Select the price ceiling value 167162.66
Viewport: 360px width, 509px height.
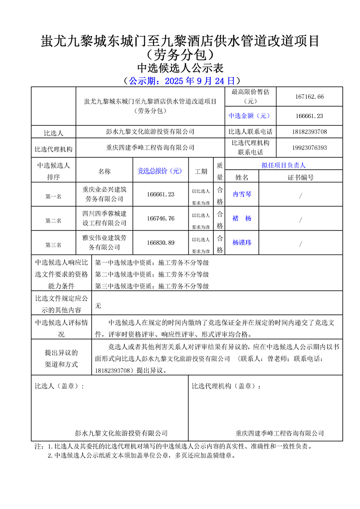[309, 97]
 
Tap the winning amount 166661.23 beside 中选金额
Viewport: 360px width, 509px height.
[309, 116]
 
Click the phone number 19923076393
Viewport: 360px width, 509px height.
[309, 148]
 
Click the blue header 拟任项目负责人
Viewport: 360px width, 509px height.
[284, 166]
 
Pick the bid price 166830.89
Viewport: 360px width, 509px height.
[161, 243]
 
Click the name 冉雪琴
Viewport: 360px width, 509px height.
[242, 194]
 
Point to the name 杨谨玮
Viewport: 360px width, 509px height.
[242, 243]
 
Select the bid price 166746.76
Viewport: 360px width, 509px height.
[161, 219]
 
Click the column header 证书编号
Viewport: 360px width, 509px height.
[301, 177]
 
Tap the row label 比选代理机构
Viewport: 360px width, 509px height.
[53, 148]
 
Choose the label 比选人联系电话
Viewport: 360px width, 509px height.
[251, 132]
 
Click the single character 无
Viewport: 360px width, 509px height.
[98, 306]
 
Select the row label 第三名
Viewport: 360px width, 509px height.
[53, 245]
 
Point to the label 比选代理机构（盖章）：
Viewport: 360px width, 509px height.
[227, 387]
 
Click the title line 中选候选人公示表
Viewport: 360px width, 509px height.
[181, 68]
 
